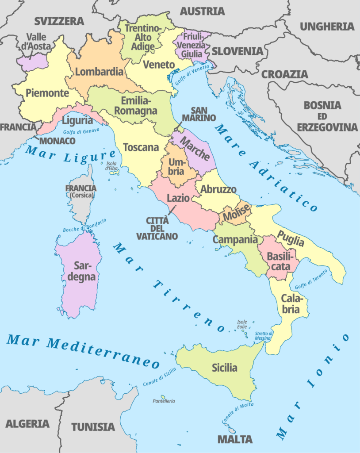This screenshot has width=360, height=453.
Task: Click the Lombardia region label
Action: pyautogui.click(x=99, y=72)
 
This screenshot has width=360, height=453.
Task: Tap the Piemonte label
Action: pyautogui.click(x=47, y=93)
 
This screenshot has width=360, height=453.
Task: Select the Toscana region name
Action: pyautogui.click(x=141, y=147)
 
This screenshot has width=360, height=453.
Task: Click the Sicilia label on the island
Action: pyautogui.click(x=224, y=368)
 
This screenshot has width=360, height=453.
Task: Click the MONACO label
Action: pyautogui.click(x=57, y=141)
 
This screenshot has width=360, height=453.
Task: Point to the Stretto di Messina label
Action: pyautogui.click(x=264, y=336)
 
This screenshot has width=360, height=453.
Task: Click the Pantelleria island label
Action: pyautogui.click(x=164, y=401)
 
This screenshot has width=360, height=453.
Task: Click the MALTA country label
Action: pyautogui.click(x=235, y=439)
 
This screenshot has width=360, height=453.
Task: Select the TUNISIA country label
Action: pyautogui.click(x=93, y=427)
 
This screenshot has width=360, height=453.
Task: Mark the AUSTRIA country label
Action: pyautogui.click(x=202, y=11)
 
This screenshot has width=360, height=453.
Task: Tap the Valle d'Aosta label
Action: pyautogui.click(x=39, y=42)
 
